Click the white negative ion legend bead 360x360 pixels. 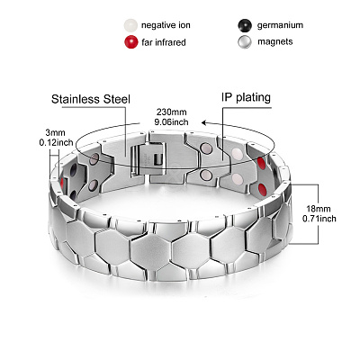point(130,25)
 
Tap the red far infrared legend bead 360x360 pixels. point(130,42)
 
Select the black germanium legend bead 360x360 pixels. point(245,25)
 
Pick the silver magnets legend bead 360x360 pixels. point(245,42)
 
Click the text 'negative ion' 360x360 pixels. point(166,25)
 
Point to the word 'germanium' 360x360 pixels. point(280,25)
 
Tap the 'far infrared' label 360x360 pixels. point(164,42)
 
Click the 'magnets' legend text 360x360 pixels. point(275,41)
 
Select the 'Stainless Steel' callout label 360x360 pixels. point(91,99)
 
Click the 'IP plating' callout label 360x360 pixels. point(246,97)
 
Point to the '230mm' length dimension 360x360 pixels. point(171,112)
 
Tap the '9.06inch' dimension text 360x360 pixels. point(171,121)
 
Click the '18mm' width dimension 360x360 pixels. point(318,209)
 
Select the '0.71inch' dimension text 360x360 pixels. point(319,219)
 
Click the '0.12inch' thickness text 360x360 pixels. point(57,142)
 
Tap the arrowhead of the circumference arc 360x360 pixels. point(204,122)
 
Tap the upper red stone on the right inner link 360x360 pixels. point(261,164)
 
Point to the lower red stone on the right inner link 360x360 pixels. point(262,189)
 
